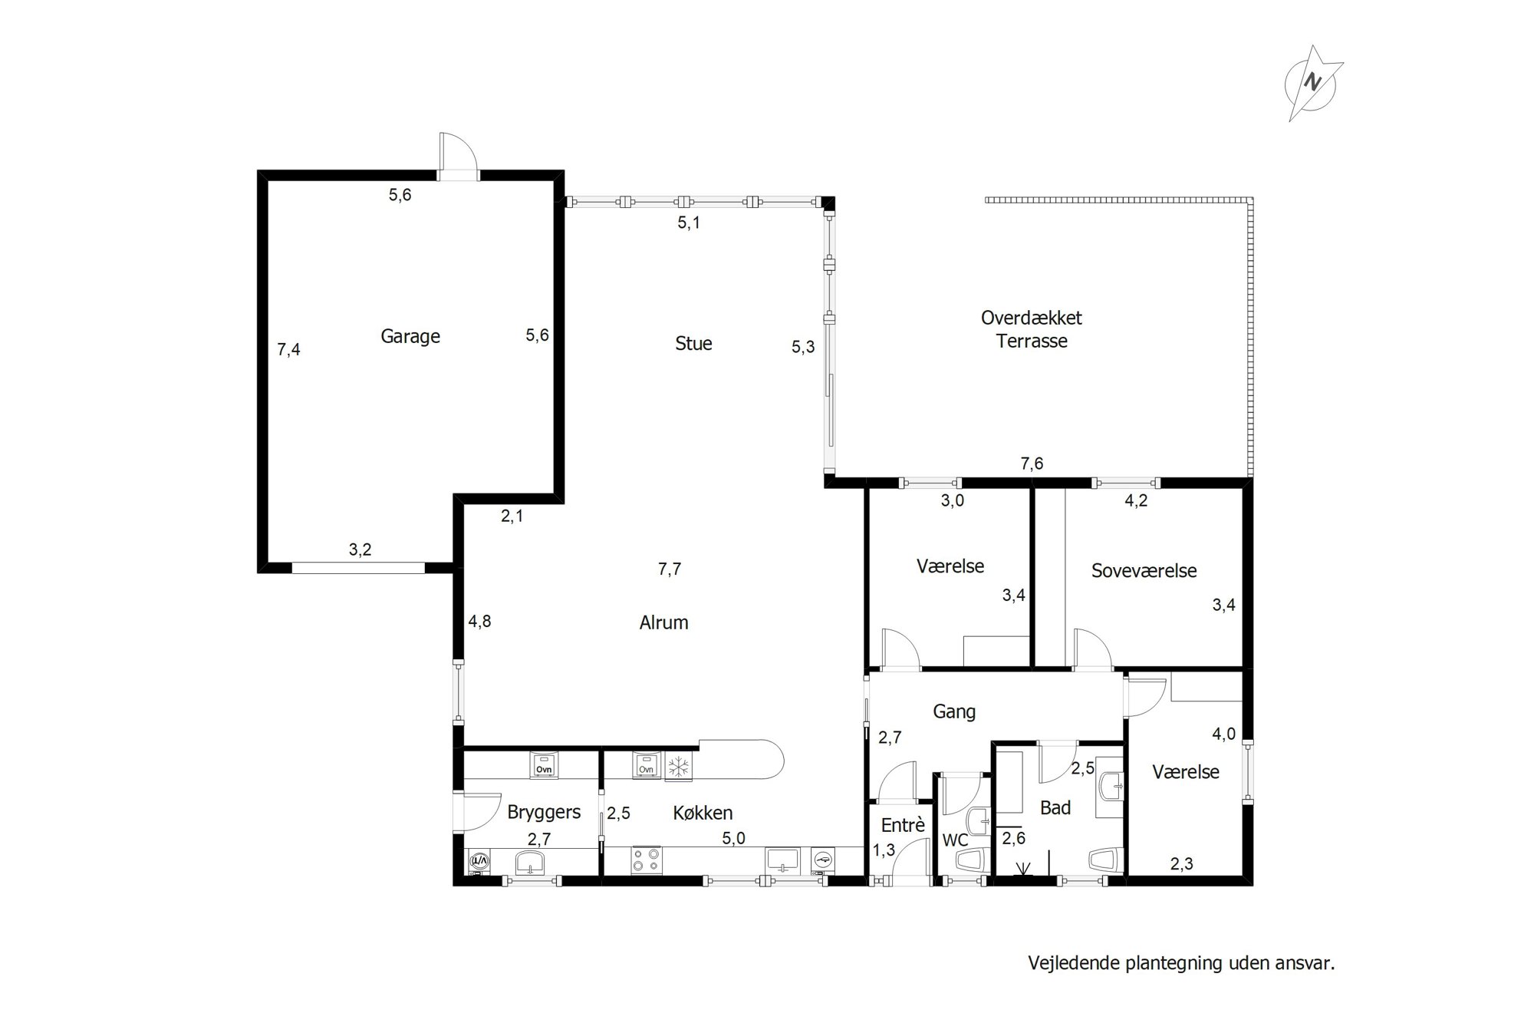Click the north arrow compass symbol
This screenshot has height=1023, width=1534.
tap(1313, 83)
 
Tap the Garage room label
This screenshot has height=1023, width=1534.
tap(410, 336)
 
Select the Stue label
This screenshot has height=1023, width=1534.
tap(693, 343)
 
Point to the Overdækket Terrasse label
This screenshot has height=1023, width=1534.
tap(1032, 329)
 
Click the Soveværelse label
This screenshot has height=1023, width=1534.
tap(1144, 570)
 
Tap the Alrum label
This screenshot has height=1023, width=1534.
tap(663, 622)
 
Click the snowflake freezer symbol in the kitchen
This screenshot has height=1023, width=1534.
tap(677, 766)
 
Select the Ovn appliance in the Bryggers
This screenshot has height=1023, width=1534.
tap(545, 766)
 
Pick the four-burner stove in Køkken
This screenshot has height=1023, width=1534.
tap(646, 860)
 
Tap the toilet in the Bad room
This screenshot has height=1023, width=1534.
tap(1106, 860)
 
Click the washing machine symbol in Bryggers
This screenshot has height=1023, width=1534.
tap(479, 863)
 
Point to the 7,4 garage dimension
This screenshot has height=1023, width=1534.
tap(288, 350)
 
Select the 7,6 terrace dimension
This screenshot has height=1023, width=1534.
tap(1032, 464)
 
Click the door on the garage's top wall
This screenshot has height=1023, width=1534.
tap(458, 157)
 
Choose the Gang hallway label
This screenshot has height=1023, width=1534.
tap(954, 711)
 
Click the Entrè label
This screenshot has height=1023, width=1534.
tap(903, 825)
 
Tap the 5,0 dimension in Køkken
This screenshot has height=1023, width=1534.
tap(733, 838)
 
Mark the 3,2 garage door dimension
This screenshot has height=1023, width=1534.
tap(360, 549)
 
